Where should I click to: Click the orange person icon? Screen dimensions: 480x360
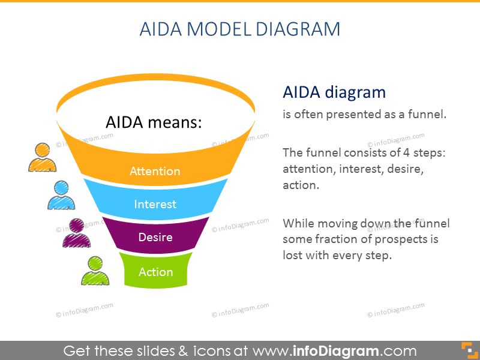point(42,157)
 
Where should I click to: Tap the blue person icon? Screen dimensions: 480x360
point(61,196)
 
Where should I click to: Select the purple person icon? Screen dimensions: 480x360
point(77,233)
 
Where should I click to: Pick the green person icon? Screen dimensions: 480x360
point(95,271)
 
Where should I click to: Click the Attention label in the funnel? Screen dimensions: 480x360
point(155,171)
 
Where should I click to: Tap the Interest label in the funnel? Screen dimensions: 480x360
point(155,204)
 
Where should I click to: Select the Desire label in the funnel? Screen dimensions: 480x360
point(155,237)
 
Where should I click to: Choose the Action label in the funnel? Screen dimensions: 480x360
point(156,272)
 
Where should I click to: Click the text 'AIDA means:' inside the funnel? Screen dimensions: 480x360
point(154,122)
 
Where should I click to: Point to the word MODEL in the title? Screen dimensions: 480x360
point(219,29)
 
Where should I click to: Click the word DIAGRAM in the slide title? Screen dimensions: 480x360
point(298,29)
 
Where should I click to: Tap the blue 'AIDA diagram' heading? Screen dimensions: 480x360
point(334,92)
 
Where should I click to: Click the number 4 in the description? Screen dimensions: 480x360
point(406,152)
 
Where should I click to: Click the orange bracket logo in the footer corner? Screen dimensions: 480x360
point(470,351)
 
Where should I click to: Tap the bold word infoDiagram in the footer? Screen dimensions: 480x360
point(336,351)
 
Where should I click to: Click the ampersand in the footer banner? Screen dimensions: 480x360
point(183,351)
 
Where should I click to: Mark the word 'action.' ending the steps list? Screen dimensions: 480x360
point(301,185)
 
